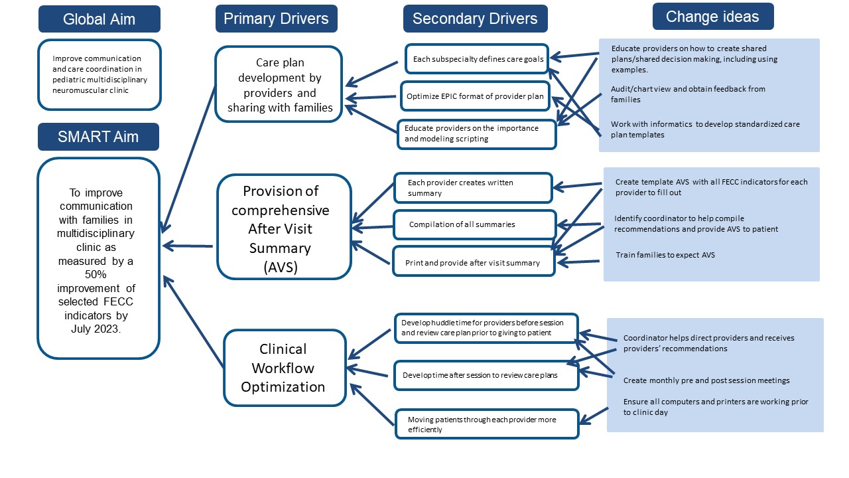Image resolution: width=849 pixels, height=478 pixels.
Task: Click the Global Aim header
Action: click(99, 19)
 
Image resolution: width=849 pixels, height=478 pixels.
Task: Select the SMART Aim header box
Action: click(99, 137)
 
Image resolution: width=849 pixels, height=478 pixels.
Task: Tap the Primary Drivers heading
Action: click(277, 19)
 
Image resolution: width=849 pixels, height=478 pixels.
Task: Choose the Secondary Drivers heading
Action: click(476, 19)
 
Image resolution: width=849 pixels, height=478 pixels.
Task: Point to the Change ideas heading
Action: click(713, 17)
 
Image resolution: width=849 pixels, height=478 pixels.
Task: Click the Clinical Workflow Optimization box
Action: click(285, 368)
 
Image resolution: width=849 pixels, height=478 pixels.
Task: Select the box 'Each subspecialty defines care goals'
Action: click(477, 59)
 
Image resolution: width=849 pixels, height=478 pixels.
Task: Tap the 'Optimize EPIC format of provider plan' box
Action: click(475, 96)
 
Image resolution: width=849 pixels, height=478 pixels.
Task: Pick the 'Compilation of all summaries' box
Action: click(474, 224)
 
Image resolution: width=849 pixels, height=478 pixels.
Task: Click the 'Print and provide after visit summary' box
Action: click(474, 262)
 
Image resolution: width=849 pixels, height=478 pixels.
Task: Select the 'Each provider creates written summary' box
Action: click(473, 188)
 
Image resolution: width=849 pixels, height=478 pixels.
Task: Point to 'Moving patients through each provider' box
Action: click(487, 424)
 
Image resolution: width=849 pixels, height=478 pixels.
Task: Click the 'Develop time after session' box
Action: click(486, 375)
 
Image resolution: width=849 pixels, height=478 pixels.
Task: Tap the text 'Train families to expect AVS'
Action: click(665, 255)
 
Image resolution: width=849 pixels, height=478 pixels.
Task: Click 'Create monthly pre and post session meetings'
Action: click(706, 380)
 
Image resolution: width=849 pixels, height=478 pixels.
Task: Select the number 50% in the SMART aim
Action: click(96, 274)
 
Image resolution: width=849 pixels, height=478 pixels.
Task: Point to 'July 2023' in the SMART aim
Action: click(95, 329)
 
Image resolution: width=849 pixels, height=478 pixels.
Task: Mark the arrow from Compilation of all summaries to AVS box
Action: click(373, 228)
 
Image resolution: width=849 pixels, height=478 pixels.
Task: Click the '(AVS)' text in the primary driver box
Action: click(281, 267)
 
